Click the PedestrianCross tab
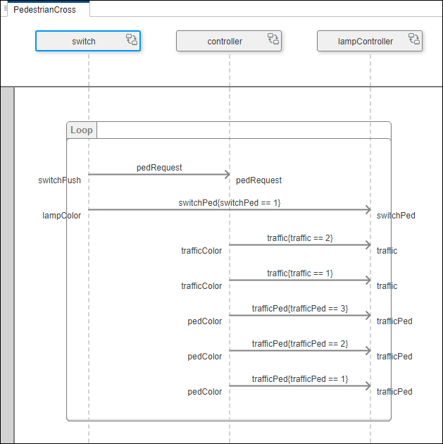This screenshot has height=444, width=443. [x=44, y=10]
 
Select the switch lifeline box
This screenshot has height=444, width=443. [x=83, y=42]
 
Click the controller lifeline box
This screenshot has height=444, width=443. [x=224, y=42]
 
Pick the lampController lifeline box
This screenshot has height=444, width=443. [x=365, y=42]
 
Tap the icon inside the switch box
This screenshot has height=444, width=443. [x=132, y=39]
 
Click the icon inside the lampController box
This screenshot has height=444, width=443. [x=414, y=39]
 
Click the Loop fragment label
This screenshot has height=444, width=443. [x=82, y=130]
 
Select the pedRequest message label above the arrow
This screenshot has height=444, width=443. [x=159, y=168]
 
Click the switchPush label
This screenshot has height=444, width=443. [x=59, y=180]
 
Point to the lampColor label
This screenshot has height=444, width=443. [x=62, y=216]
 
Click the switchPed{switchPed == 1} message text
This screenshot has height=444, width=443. [x=230, y=203]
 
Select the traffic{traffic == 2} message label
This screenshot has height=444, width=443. [x=300, y=238]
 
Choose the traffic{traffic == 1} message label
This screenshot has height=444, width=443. [x=300, y=273]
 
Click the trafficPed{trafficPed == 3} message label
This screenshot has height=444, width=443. [x=300, y=309]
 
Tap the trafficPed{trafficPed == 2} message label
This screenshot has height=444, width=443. [x=300, y=344]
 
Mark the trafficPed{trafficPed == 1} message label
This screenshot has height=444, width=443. [x=300, y=379]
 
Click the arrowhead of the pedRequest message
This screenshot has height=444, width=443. [x=226, y=174]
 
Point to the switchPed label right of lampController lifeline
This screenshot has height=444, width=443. [x=396, y=216]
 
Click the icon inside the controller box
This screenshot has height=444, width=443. [x=273, y=39]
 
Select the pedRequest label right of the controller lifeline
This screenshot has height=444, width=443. [x=258, y=180]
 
